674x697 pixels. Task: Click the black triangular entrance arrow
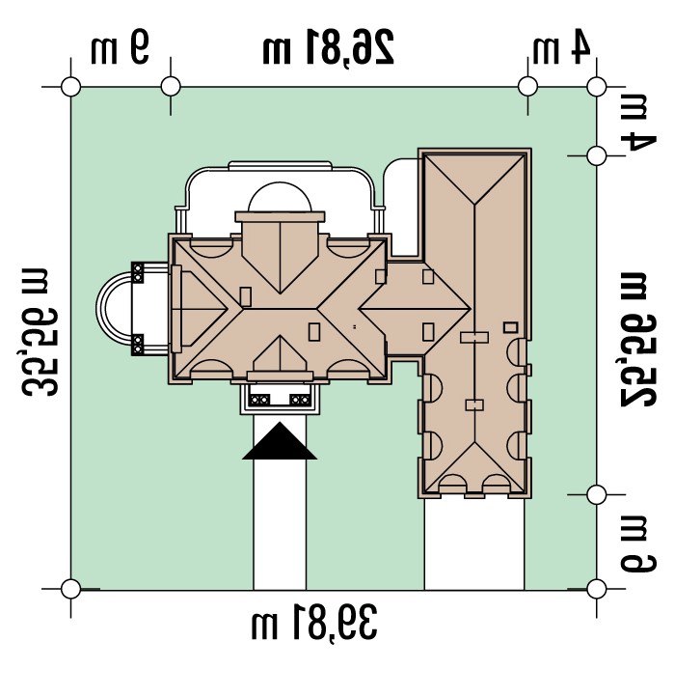(280, 441)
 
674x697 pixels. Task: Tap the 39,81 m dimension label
(314, 623)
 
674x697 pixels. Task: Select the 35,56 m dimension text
(40, 332)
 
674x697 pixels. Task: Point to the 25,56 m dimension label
(637, 340)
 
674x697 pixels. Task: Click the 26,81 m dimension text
(328, 47)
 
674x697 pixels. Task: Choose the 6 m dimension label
(637, 544)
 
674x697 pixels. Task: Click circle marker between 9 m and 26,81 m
(171, 86)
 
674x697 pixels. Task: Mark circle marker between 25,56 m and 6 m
(596, 494)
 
